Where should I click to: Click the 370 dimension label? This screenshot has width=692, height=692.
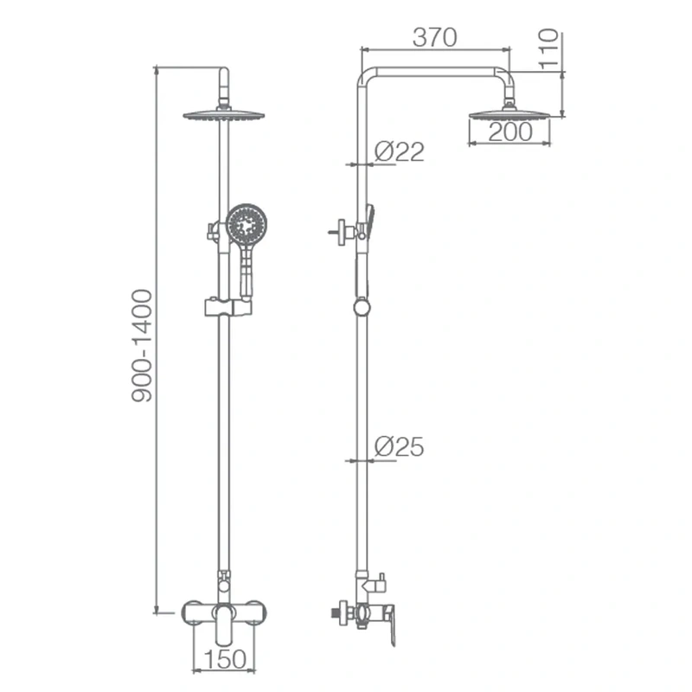click(x=435, y=37)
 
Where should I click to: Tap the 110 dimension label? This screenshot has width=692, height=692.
click(x=548, y=49)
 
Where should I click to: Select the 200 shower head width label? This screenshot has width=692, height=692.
click(x=510, y=132)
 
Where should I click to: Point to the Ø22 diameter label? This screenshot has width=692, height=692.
click(x=399, y=151)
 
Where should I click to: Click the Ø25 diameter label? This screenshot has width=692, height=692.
click(x=399, y=446)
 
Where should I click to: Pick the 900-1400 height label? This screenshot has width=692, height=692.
click(x=142, y=345)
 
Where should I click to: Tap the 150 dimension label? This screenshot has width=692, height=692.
click(x=225, y=659)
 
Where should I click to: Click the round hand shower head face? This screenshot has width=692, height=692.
click(x=247, y=225)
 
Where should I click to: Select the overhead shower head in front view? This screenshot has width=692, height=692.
click(x=224, y=114)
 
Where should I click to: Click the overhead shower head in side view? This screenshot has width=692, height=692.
click(x=509, y=114)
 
